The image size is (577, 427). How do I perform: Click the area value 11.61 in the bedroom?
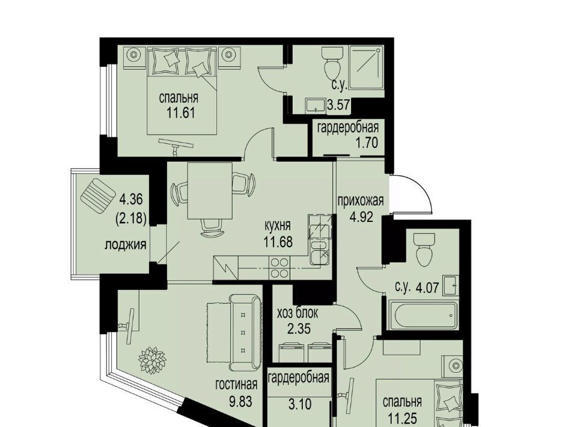click(180, 112)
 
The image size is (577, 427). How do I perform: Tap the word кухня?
click(278, 226)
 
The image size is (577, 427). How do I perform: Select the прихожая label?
click(361, 201)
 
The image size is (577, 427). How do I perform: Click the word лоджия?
click(126, 244)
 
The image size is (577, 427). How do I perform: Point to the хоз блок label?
click(298, 313)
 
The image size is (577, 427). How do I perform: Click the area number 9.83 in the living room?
click(240, 401)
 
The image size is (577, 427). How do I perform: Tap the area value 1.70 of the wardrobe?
click(367, 142)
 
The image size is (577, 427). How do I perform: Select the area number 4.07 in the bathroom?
click(427, 287)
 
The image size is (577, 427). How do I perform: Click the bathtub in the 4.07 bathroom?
click(423, 316)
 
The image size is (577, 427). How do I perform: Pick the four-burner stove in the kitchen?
click(279, 268)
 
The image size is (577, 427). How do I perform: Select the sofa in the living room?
click(245, 332)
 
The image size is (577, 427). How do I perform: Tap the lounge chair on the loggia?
click(97, 195)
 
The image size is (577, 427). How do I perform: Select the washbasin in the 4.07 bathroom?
click(451, 284)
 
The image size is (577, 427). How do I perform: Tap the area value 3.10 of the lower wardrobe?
click(300, 405)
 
